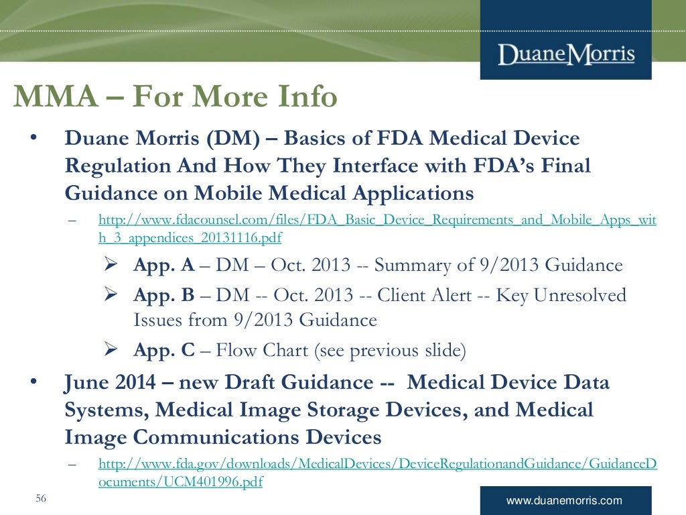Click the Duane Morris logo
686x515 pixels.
point(566,53)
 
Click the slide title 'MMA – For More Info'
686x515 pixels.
point(175,98)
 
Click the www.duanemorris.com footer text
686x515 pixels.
point(565,500)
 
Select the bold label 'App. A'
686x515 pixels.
point(163,265)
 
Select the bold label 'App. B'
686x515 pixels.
point(163,295)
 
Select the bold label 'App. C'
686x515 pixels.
point(163,350)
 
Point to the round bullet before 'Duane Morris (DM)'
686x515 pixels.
point(31,138)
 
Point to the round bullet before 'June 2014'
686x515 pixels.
point(31,383)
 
